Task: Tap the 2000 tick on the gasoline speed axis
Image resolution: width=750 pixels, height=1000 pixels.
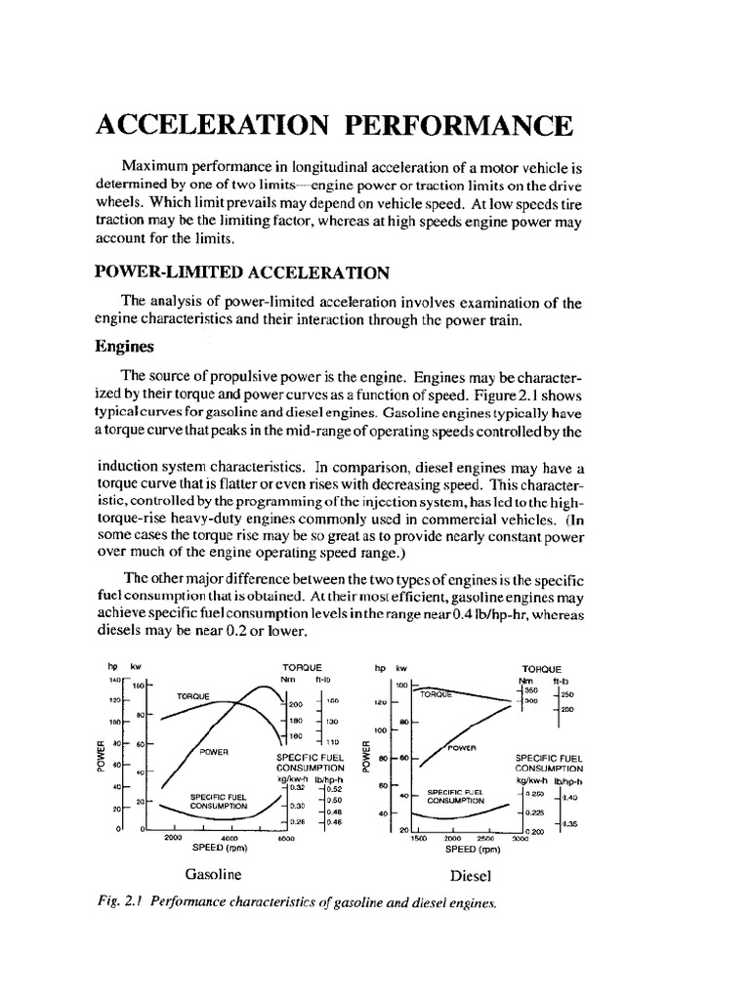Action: (174, 838)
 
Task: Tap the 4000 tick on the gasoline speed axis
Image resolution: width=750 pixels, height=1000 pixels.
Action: (230, 838)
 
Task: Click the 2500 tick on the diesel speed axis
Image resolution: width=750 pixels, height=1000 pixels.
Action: (485, 838)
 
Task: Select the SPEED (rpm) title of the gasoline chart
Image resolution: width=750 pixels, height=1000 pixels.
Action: (229, 848)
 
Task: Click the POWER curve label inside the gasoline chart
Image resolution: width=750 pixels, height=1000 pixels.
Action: (213, 752)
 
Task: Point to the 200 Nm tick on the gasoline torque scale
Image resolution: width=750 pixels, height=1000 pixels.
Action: (296, 704)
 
